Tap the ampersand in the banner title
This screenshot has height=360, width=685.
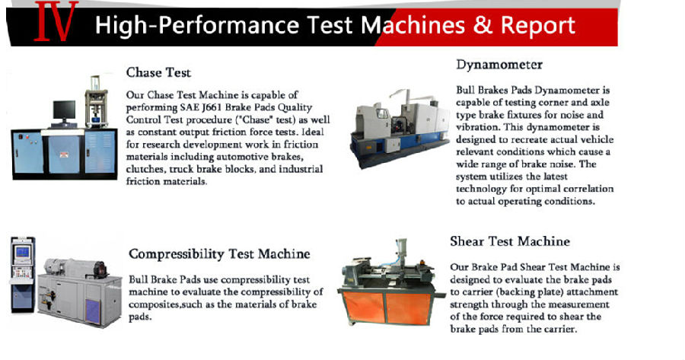point(483,24)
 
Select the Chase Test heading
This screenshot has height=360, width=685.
point(158,72)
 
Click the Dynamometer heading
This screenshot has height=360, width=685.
point(499,65)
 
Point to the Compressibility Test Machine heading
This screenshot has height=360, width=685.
point(219,254)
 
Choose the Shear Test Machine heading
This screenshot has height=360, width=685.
point(510,241)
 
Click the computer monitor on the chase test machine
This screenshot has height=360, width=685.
point(64,111)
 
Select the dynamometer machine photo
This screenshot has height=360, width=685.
point(400,129)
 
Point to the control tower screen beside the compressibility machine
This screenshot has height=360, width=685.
point(22,252)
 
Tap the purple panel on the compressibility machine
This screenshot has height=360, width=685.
point(92,311)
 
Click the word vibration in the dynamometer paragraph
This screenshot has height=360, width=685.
point(476,128)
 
